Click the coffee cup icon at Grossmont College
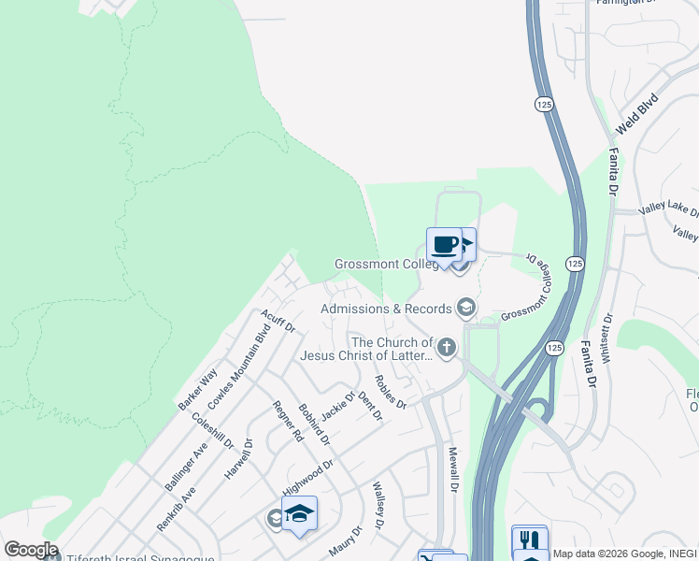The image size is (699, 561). [x=444, y=245]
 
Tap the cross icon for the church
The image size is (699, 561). [x=447, y=349]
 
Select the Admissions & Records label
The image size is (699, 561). [x=384, y=309]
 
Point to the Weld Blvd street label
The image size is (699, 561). [x=636, y=113]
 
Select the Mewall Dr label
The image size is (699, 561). [x=452, y=468]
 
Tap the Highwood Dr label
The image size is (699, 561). [x=307, y=477]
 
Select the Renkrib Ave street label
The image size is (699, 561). [x=177, y=509]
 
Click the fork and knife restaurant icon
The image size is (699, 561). [x=530, y=540]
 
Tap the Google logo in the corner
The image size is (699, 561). [x=31, y=550]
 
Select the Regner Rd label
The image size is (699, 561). [x=288, y=421]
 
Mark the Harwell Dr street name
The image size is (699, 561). [x=239, y=459]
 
